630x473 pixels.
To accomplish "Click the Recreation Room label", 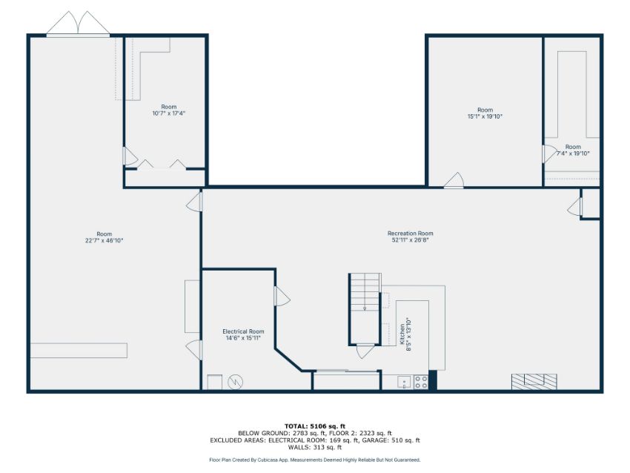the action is click(410, 233).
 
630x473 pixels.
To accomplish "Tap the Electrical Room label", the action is click(243, 331).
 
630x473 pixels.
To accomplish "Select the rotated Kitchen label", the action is click(402, 334).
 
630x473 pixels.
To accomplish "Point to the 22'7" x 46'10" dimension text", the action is click(104, 240).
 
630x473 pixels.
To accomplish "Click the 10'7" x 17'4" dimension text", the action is click(169, 113).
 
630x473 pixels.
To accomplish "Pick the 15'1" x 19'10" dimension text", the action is click(485, 116).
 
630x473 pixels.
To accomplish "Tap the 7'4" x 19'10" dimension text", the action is click(574, 153).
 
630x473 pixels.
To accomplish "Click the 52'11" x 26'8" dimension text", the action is click(410, 240).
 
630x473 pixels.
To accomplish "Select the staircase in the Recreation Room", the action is click(365, 308).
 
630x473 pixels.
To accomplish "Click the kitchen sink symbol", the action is click(404, 382).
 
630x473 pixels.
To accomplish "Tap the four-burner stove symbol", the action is click(421, 382).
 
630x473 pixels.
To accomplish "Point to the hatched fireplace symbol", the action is click(534, 381).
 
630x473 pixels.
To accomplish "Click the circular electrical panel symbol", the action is click(236, 382).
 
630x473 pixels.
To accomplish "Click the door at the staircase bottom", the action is click(365, 351).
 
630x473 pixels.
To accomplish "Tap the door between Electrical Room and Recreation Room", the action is click(282, 296).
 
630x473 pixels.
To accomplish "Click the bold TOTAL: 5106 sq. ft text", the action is click(314, 426).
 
